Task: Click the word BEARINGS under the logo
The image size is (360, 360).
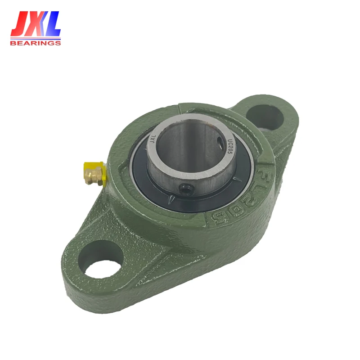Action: (35, 43)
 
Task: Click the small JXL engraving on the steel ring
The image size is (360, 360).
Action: (152, 140)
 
